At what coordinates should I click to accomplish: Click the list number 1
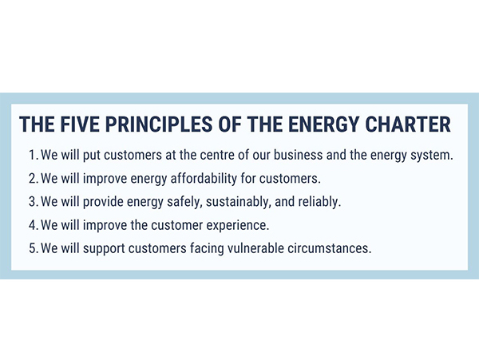pos(33,155)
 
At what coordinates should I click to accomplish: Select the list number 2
pos(33,178)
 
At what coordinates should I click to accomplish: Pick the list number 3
pos(33,202)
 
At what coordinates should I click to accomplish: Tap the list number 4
pos(33,225)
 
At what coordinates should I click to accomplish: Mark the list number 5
pos(33,248)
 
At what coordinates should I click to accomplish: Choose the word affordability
pos(204,178)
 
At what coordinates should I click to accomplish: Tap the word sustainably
pos(238,202)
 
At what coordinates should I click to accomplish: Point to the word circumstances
pos(329,248)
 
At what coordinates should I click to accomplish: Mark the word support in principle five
pos(104,249)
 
